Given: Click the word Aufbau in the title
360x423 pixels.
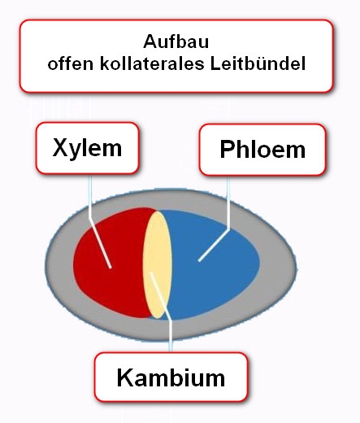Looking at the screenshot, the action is (176, 41).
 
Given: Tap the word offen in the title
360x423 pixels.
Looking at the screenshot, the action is (71, 63).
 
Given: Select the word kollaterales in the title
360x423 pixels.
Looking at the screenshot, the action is (152, 63).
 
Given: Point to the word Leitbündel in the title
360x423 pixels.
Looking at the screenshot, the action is (258, 63).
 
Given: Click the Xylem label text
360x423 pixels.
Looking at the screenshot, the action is (87, 148).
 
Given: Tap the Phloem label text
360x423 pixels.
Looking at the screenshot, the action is (262, 149).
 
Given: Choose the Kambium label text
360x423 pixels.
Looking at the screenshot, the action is (171, 377).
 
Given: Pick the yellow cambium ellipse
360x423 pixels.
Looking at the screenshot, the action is (158, 264).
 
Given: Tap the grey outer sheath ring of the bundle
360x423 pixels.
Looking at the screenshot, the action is (171, 329).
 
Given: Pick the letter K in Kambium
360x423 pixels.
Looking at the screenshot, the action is (125, 377).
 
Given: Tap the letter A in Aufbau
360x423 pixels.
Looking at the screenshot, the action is (150, 41).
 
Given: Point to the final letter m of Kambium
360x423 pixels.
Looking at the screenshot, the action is (215, 380).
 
